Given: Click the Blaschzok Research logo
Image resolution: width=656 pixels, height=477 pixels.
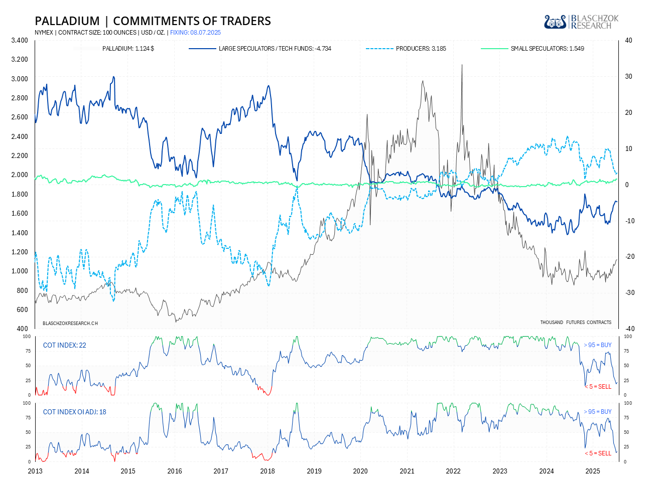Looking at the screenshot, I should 581,22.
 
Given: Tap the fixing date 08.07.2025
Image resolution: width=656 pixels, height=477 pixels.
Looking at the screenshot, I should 205,33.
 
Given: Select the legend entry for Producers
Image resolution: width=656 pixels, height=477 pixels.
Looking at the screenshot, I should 421,49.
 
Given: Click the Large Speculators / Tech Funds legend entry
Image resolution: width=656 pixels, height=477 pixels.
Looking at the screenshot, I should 275,49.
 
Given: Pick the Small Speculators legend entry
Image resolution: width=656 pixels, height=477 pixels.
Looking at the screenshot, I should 547,49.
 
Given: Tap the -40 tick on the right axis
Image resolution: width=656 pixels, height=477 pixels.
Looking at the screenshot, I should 629,329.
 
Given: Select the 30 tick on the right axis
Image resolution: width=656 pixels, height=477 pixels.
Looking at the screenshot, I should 628,77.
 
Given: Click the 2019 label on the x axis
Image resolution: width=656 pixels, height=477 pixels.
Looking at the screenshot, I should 314,471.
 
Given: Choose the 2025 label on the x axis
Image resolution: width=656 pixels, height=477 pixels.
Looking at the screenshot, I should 593,471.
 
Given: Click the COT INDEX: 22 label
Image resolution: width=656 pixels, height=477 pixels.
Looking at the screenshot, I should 64,345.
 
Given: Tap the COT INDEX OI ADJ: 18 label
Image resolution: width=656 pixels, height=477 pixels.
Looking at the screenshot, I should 74,412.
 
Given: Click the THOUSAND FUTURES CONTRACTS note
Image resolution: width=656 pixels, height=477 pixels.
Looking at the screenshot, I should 576,323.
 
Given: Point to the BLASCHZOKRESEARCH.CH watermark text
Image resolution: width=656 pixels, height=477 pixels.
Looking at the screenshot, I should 70,324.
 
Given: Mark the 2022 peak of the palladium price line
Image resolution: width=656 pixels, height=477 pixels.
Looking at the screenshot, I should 462,65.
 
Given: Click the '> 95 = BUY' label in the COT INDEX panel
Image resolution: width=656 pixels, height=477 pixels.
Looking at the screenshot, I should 597,345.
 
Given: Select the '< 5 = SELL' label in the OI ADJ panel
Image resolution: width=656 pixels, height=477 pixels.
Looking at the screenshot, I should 598,453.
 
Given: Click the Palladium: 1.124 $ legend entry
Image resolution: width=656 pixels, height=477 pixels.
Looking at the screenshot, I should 128,49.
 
